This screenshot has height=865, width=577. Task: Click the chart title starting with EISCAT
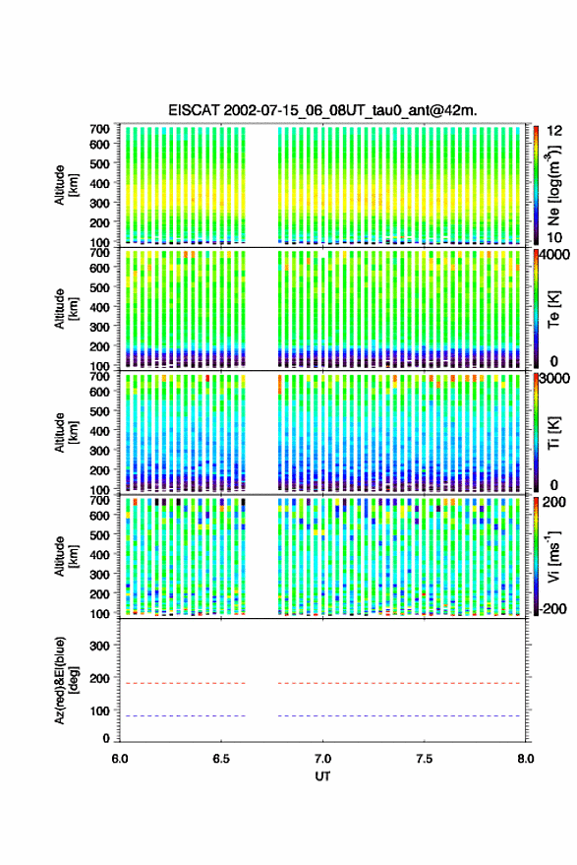pos(322,110)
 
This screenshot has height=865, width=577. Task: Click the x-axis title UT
pos(322,776)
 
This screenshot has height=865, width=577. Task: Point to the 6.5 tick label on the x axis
pos(221,759)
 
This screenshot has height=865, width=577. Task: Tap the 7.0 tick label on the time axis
pos(322,759)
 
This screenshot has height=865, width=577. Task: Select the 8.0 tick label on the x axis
pos(525,759)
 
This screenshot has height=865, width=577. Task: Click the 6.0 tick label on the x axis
pos(120,759)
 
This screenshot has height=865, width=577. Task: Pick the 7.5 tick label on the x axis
pos(424,759)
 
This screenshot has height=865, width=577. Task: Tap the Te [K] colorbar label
pos(553,309)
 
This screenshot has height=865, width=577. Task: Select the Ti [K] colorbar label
pos(553,433)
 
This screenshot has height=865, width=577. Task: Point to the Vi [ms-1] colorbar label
pos(553,556)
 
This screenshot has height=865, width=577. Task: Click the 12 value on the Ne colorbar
pos(555,131)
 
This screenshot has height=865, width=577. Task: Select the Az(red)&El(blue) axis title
pos(66,681)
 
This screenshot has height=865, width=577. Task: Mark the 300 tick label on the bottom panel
pos(99,646)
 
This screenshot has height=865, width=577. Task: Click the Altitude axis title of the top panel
pos(66,185)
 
